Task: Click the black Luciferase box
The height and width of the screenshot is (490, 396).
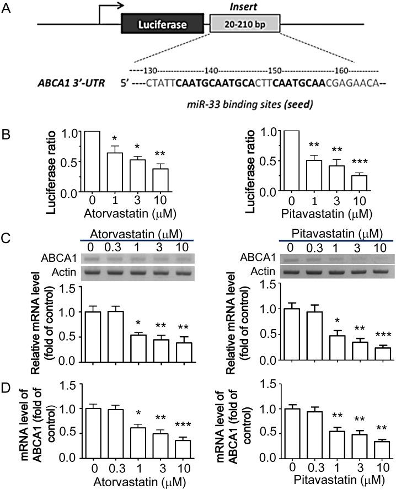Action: (x=163, y=25)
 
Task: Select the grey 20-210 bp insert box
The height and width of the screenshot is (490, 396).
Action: (x=245, y=25)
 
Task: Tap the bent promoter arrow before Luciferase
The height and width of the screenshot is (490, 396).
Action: (x=110, y=14)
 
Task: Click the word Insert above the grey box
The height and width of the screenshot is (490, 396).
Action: (x=245, y=6)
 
